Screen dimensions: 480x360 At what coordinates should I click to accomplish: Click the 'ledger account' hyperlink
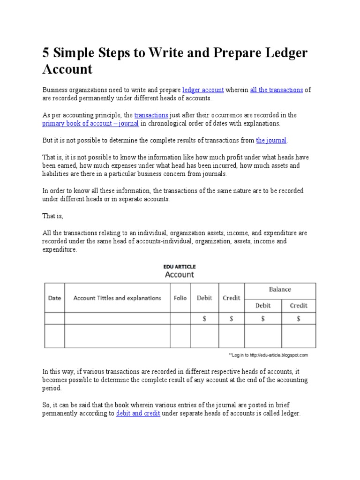202,90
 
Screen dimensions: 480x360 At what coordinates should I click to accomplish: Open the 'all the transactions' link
276,90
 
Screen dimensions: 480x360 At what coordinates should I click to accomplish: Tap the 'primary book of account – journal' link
90,124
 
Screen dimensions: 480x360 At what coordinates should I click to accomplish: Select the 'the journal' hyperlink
271,140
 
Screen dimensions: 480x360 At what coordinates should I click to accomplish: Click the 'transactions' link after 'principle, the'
151,115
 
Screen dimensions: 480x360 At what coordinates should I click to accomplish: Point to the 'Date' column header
54,298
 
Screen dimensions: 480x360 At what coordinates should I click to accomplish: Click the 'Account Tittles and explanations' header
117,298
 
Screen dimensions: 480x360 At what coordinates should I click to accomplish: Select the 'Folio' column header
180,298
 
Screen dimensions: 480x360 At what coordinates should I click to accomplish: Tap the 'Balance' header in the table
280,289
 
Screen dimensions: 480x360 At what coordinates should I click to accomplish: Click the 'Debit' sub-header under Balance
262,306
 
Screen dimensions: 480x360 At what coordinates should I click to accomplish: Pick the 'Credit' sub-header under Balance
299,306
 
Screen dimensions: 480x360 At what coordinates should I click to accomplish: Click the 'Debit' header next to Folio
204,298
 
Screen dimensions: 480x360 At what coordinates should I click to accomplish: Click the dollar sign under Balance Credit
299,319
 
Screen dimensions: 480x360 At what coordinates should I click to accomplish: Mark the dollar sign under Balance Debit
262,319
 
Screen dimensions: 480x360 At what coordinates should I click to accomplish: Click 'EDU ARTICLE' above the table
180,266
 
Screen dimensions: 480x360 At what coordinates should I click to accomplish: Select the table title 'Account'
180,275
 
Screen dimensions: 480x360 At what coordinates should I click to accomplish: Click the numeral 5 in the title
46,53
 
